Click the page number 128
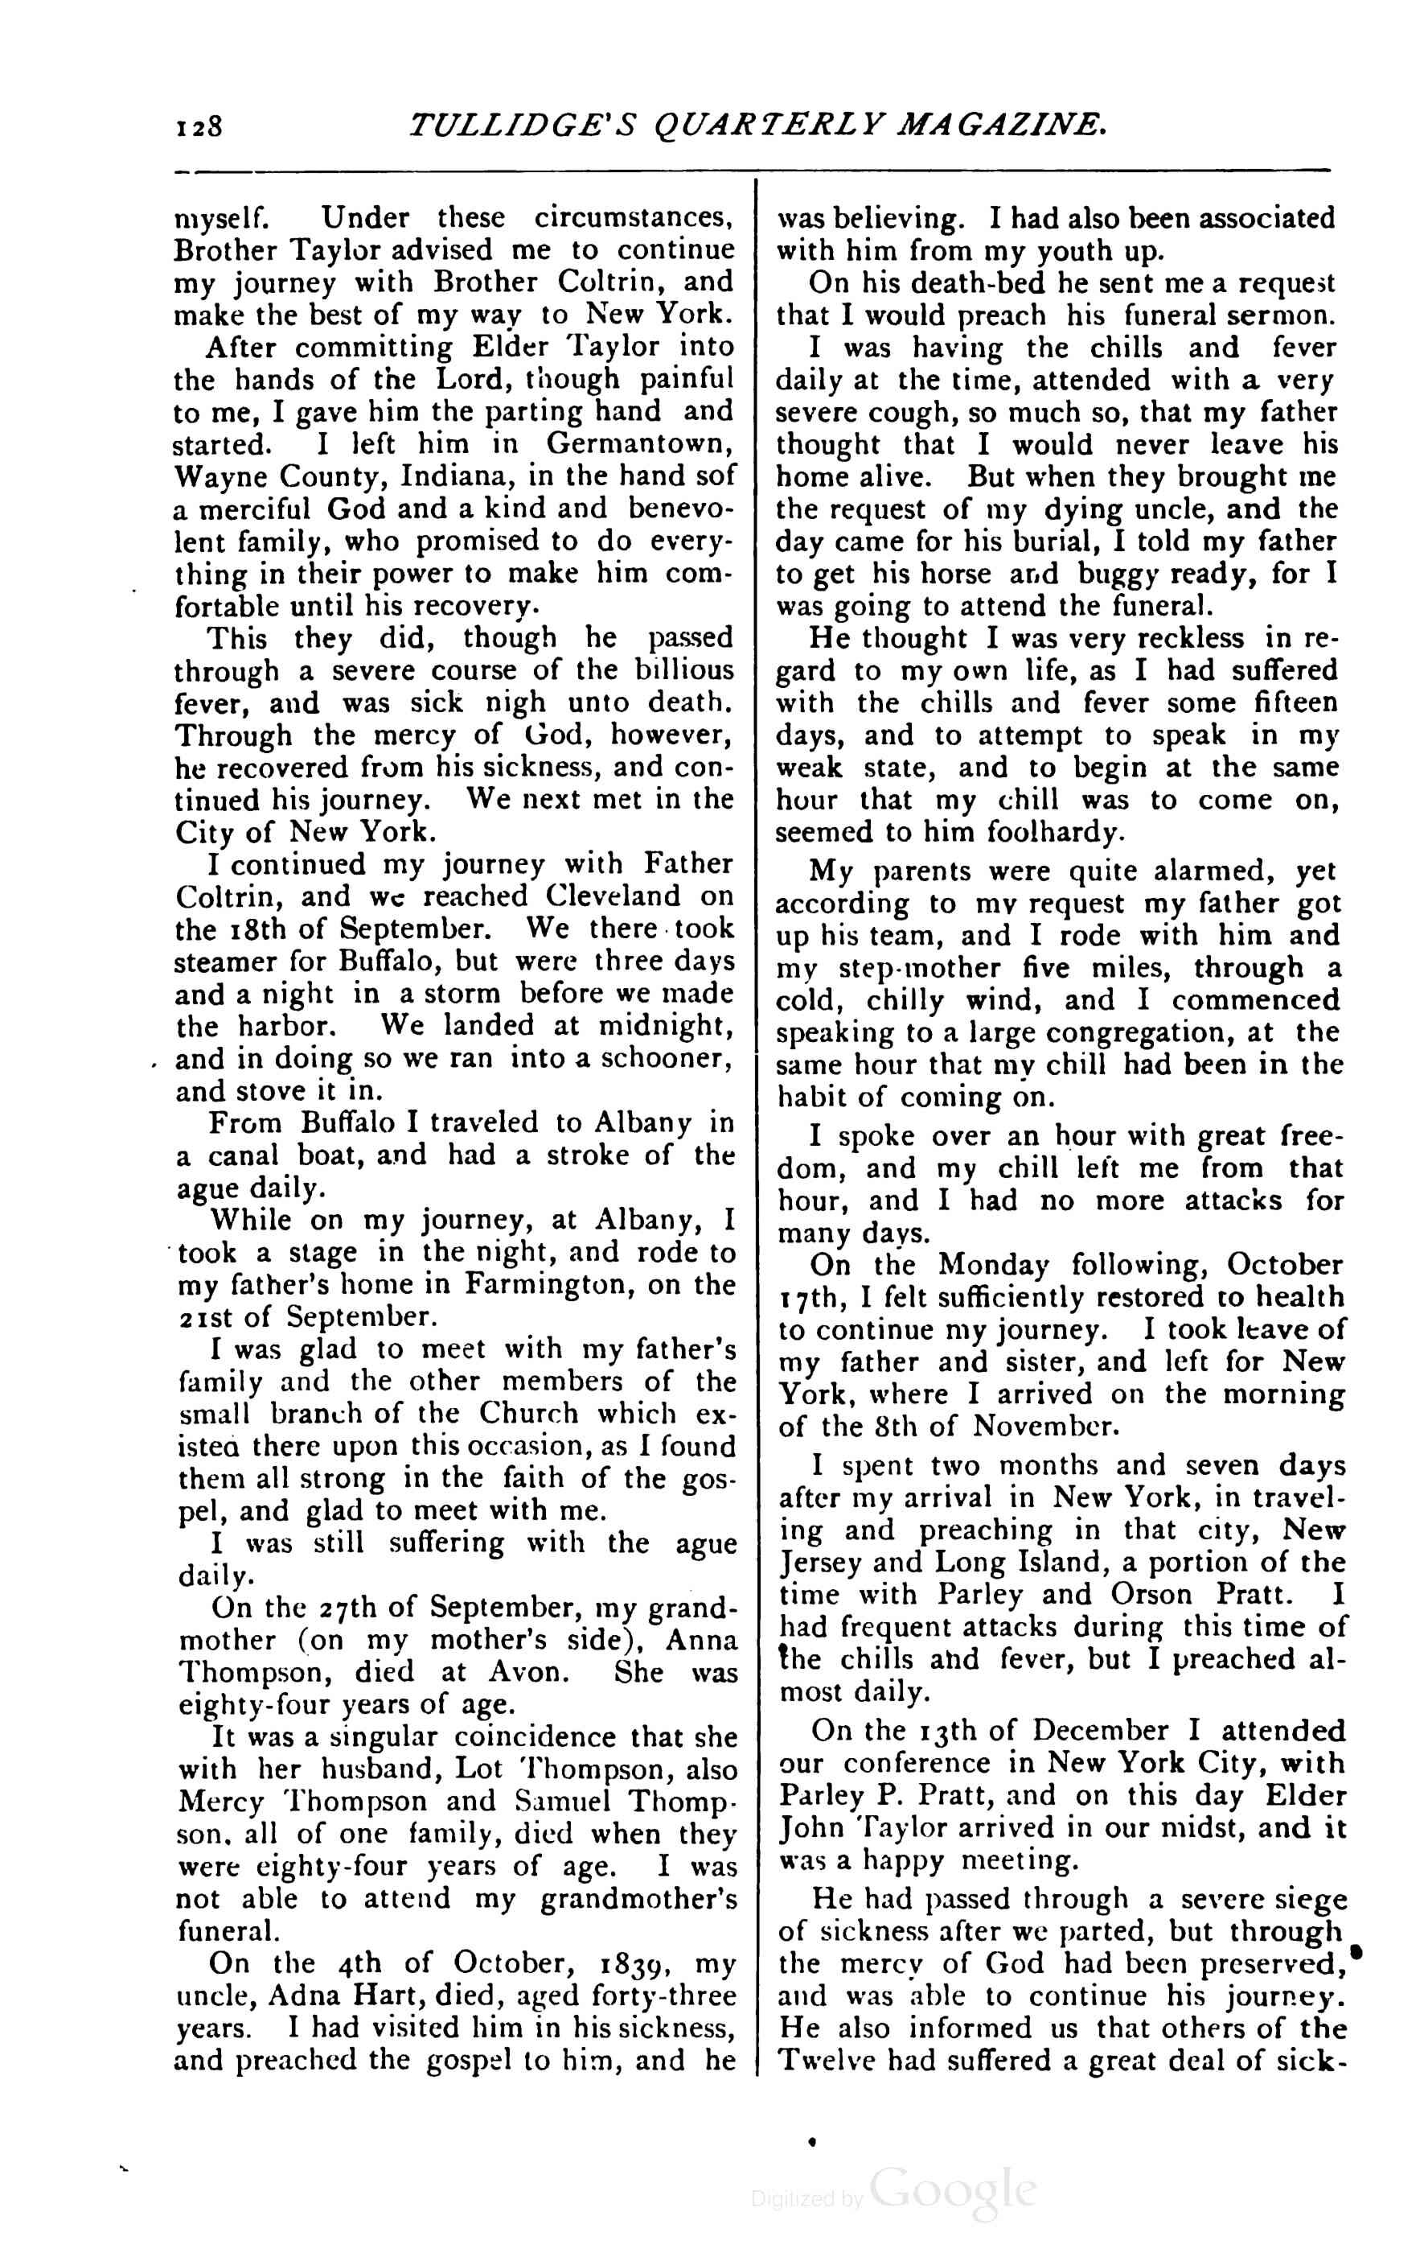pos(198,125)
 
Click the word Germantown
pos(641,443)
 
